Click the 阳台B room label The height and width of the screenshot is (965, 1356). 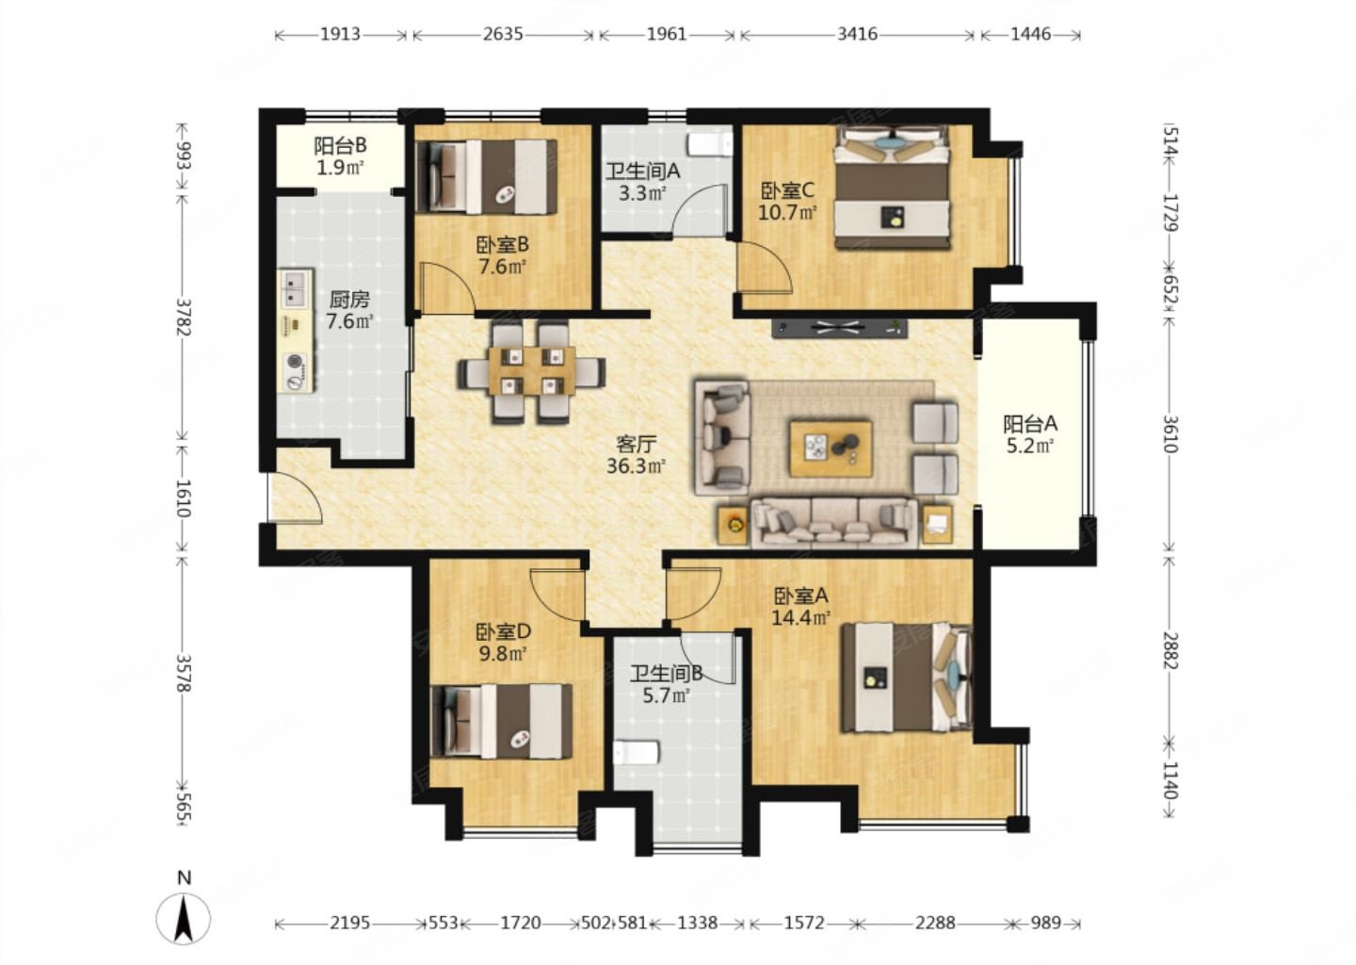point(340,145)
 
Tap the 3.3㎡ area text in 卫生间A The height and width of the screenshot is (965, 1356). point(643,193)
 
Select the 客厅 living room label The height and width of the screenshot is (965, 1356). point(636,444)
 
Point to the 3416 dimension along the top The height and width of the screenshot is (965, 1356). point(857,34)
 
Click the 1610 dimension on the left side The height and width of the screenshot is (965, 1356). point(183,498)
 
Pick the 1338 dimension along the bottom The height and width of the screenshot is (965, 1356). point(698,923)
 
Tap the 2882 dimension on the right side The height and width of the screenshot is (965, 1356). point(1170,651)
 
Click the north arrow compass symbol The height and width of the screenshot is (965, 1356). point(183,917)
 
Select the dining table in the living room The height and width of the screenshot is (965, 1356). point(531,370)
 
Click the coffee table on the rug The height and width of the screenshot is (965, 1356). point(831,449)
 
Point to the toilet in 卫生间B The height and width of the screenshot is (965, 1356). point(636,753)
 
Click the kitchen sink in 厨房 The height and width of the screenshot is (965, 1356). point(296,289)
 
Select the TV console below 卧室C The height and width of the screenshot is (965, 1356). point(840,328)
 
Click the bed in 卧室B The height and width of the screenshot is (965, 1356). point(488,176)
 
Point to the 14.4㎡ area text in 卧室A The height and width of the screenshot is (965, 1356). point(800,617)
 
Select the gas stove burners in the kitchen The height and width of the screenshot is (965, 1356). point(297,371)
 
